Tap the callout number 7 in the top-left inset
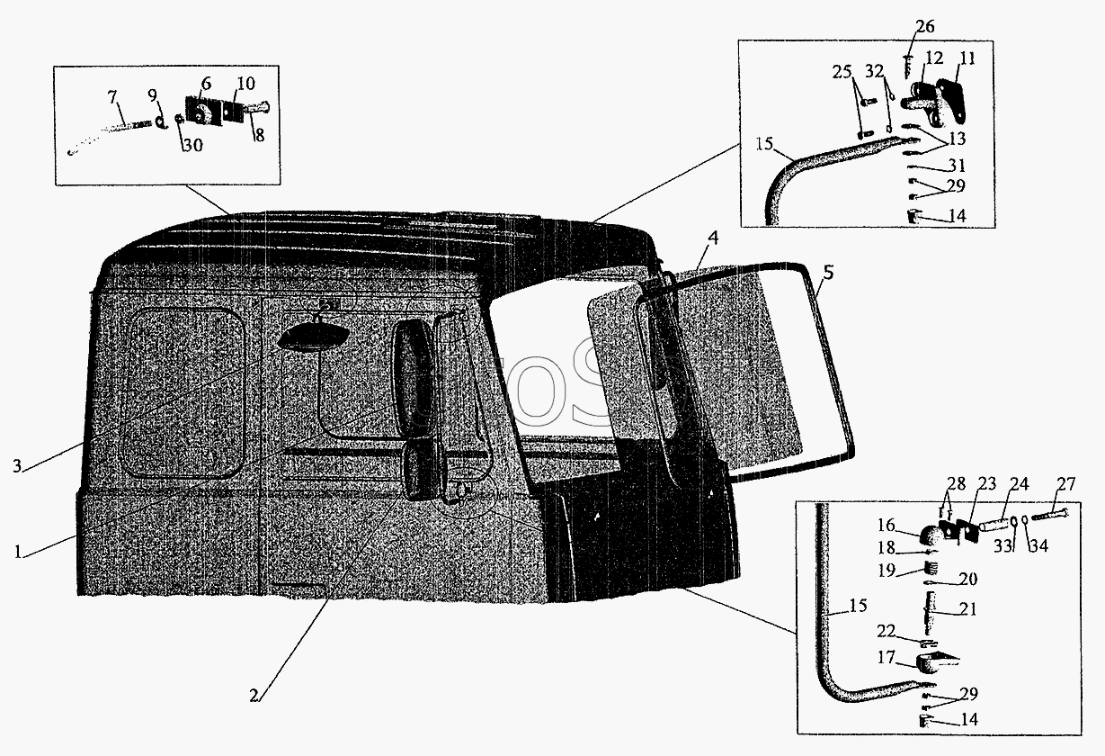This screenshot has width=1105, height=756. (x=111, y=95)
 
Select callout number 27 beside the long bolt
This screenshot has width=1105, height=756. (x=1065, y=484)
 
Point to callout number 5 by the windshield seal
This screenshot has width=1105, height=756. (x=712, y=238)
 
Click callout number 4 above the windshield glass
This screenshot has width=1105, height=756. (x=828, y=271)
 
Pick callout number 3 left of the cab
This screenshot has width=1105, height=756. (x=17, y=465)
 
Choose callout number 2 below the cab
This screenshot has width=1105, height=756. (x=254, y=695)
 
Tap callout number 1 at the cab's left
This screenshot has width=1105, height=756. (x=18, y=553)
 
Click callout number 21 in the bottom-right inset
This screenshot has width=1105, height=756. (x=967, y=609)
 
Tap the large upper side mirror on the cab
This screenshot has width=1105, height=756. (x=413, y=375)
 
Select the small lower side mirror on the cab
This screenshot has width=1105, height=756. (x=418, y=471)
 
